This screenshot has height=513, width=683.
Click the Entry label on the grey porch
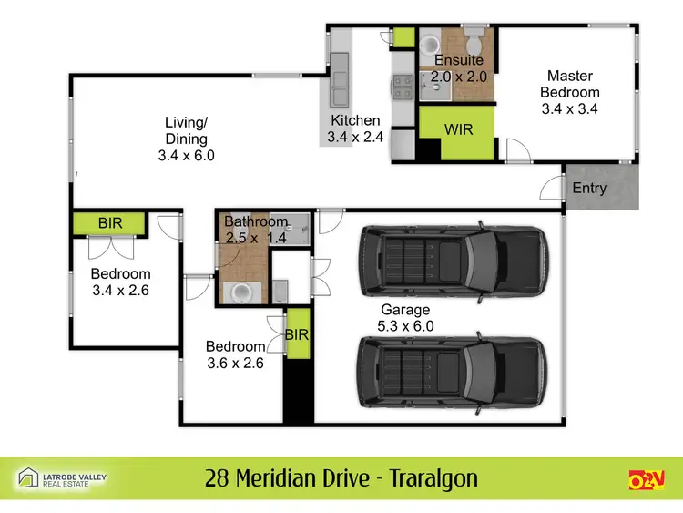click(x=589, y=189)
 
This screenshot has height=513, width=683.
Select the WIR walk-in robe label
click(x=458, y=129)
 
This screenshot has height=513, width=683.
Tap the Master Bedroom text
click(x=570, y=84)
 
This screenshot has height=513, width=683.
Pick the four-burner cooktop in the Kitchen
click(x=403, y=84)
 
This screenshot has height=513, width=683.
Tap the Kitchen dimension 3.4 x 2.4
click(x=355, y=138)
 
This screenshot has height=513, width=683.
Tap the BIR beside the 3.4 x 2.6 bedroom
click(x=109, y=222)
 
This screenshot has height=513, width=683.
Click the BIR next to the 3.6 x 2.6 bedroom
click(x=297, y=334)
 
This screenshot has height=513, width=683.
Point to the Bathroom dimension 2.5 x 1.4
click(x=256, y=238)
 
